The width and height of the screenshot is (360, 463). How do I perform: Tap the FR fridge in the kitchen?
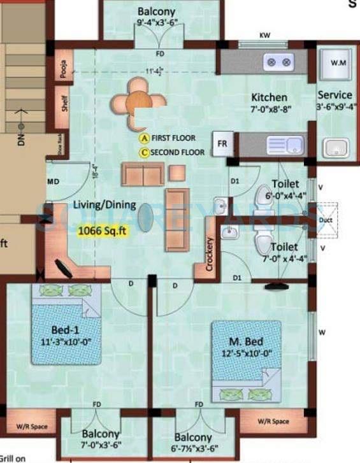222,143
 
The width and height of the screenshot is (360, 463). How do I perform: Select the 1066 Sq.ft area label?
103,232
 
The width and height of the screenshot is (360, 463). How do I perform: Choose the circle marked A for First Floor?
145,138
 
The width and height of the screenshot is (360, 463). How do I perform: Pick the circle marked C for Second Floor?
145,152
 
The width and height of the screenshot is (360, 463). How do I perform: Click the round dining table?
136,99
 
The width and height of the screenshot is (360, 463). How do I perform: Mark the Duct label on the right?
326,220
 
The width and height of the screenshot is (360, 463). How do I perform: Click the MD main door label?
54,182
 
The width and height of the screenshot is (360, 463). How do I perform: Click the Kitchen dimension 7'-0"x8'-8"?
271,109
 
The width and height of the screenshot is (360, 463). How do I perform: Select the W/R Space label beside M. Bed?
273,421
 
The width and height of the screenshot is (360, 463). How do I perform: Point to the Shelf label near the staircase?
64,104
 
